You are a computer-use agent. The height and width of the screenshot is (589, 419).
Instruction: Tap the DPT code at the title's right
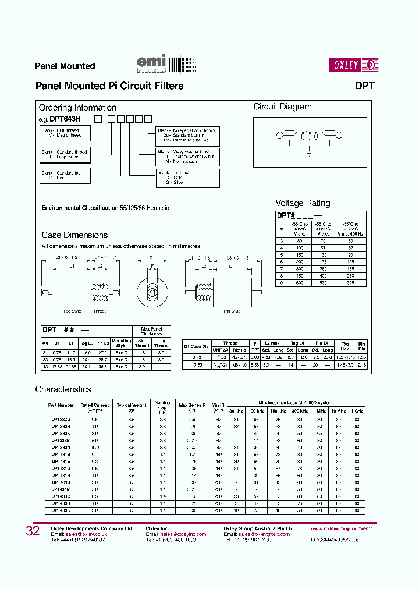coord(364,86)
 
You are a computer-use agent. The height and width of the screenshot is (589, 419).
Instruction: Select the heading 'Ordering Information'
coord(77,108)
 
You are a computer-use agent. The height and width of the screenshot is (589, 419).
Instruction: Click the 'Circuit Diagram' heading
coord(282,107)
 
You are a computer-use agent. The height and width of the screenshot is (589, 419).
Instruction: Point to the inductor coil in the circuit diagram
coord(308,137)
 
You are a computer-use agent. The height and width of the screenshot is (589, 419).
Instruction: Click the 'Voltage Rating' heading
coord(303,203)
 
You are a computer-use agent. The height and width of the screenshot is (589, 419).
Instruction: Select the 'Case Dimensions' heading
coord(74,235)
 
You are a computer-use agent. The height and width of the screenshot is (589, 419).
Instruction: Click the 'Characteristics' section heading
coord(63,389)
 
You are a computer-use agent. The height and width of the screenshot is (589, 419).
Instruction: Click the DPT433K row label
coord(61,510)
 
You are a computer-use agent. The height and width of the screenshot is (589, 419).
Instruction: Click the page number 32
coord(33,531)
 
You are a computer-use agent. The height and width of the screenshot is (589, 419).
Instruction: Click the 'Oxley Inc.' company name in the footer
coord(157,528)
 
